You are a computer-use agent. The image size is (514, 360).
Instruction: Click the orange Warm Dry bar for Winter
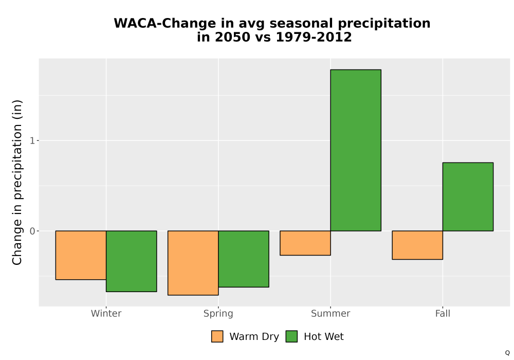click(81, 255)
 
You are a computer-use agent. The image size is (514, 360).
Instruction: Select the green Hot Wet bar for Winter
click(132, 261)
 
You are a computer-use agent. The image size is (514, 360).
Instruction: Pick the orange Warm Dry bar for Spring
click(193, 263)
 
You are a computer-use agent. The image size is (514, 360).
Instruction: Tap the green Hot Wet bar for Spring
click(244, 259)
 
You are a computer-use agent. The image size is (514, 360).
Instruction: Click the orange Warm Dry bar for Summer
click(305, 243)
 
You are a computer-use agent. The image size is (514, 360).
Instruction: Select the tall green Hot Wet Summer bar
click(356, 150)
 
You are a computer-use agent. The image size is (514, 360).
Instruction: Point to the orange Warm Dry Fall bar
click(417, 245)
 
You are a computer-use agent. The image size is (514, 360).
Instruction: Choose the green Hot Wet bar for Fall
click(468, 197)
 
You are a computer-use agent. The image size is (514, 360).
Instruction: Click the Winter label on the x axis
click(106, 313)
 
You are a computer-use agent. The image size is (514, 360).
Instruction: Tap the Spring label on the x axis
click(218, 314)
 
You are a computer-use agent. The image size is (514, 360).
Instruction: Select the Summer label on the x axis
click(331, 313)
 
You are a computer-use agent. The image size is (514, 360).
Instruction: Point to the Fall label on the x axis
click(443, 313)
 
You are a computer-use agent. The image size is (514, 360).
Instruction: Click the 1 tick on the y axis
click(32, 140)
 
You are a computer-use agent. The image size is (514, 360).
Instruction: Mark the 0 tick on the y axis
click(32, 231)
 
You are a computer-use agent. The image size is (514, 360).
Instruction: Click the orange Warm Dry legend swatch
click(217, 336)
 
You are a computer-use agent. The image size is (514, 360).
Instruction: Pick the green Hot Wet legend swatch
click(291, 336)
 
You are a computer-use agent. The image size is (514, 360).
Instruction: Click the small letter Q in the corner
click(507, 353)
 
